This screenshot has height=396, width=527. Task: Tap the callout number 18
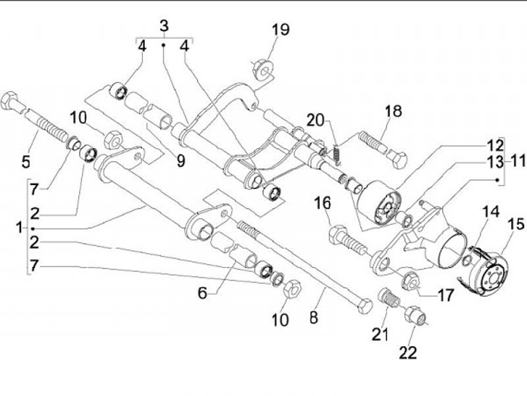click(393, 111)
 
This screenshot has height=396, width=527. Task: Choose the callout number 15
click(515, 224)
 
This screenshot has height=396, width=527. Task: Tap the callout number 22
click(408, 353)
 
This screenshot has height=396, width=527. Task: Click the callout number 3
click(164, 26)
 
